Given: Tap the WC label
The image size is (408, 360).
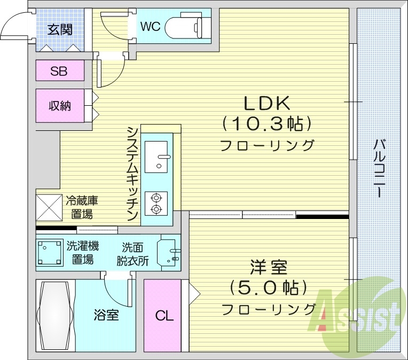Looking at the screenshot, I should (150, 26).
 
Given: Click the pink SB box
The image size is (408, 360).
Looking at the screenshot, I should (60, 71).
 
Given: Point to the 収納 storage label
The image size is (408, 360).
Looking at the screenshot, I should (60, 106).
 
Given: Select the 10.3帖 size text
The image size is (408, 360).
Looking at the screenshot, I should (266, 124).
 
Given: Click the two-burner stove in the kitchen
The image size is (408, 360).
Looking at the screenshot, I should (156, 203).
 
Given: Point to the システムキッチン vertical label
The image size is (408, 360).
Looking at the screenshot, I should (133, 174).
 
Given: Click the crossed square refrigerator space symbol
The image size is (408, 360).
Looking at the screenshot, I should (49, 207).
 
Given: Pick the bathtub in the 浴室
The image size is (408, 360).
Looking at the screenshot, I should (55, 315).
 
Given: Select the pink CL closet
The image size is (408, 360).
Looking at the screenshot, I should (164, 315).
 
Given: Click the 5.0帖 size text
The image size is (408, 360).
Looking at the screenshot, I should (268, 288).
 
